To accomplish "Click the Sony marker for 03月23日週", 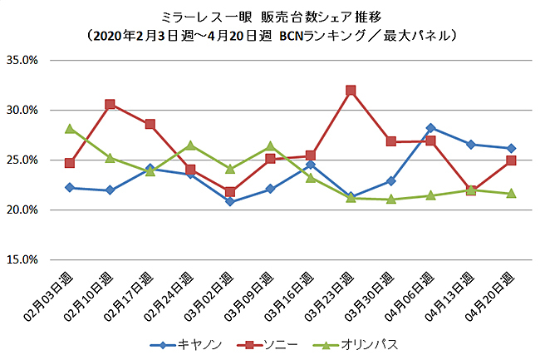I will tap(351, 90).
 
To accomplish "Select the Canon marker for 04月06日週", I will tap(430, 128).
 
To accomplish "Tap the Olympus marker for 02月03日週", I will tap(70, 128).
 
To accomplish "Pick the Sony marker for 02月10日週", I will tap(110, 104).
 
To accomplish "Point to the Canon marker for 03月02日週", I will tap(230, 202).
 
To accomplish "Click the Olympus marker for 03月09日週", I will tap(270, 146).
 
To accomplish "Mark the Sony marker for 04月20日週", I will tap(511, 160).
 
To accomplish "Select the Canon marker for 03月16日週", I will tap(310, 165).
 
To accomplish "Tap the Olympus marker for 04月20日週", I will tap(511, 193).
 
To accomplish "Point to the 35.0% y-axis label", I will tap(26, 61).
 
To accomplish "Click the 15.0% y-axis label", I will tap(26, 259).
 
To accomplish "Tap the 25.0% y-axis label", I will tap(26, 160).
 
